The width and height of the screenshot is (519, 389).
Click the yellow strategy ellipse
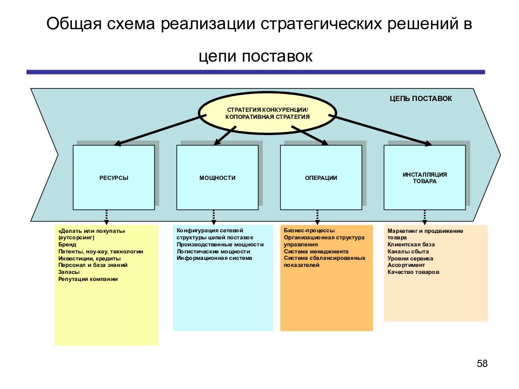(268, 113)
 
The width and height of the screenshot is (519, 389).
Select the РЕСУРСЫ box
(114, 177)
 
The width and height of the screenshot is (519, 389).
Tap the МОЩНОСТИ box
(217, 177)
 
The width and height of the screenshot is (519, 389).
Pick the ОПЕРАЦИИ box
(321, 177)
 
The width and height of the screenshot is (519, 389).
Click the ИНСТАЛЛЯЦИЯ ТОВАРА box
(425, 177)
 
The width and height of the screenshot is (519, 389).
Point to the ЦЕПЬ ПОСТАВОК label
(421, 98)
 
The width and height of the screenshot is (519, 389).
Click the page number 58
(482, 364)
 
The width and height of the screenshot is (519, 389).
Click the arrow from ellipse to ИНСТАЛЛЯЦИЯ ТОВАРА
(380, 130)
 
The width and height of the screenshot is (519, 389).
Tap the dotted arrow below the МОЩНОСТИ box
(214, 217)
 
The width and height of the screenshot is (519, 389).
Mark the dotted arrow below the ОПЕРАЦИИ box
(317, 217)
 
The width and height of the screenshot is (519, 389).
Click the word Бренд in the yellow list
(67, 244)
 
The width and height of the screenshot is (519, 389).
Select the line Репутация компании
(88, 279)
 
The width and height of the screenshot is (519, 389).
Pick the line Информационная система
(214, 258)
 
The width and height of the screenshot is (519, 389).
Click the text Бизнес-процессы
(309, 230)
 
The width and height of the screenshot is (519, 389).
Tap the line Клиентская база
(411, 244)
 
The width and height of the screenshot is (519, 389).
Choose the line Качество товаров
(414, 272)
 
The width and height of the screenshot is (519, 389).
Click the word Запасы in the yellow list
(69, 272)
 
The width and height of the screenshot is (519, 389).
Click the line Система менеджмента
(316, 251)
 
